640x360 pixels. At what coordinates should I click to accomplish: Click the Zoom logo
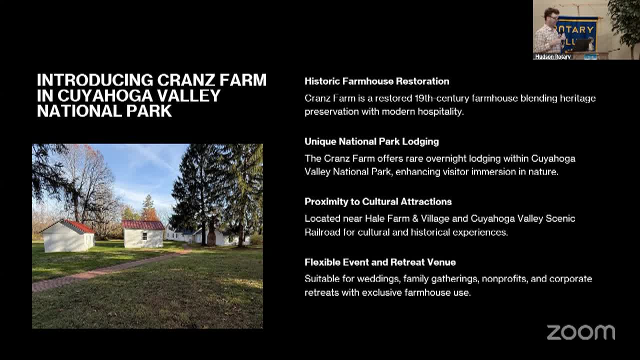point(580,332)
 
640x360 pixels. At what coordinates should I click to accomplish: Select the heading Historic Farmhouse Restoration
point(376,81)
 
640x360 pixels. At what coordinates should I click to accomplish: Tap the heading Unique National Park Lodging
point(371,141)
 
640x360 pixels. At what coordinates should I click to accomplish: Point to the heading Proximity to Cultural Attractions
point(378,201)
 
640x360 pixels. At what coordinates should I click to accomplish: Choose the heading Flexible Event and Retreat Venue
point(380,262)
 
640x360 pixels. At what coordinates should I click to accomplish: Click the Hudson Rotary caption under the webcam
point(552,57)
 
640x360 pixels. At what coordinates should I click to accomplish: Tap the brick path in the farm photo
point(100,272)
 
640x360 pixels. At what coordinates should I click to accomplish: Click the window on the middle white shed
point(144,236)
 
